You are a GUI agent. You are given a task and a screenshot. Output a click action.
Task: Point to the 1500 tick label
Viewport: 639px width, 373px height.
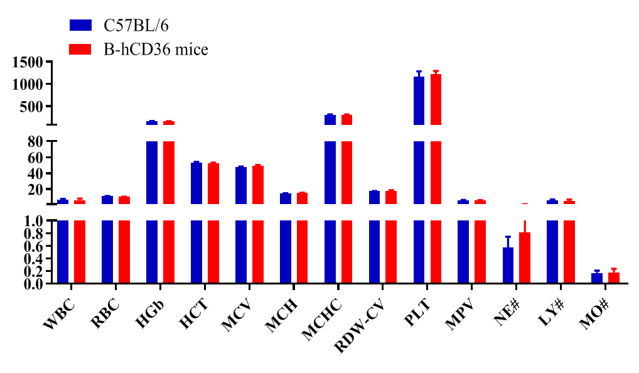coord(26,62)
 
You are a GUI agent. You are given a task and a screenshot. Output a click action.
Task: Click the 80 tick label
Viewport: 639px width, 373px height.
coord(34,142)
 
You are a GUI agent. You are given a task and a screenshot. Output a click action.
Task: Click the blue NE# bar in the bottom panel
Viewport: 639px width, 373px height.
coord(508,266)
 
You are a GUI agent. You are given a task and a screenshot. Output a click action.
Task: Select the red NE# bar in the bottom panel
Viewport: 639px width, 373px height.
coord(525,258)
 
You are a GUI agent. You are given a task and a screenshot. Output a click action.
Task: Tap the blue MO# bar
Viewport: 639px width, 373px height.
coord(597,278)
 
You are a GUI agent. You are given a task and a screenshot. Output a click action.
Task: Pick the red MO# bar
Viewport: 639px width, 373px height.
coord(614,278)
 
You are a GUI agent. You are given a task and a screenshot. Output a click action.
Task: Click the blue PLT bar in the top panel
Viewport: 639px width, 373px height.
coord(419,100)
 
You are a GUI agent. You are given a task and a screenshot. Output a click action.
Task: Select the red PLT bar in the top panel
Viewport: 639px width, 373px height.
coord(436,99)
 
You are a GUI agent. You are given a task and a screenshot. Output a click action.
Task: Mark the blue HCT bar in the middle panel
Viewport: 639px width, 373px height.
coord(196,183)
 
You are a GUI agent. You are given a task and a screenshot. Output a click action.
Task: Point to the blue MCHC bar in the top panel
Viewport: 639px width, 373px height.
coord(330,119)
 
